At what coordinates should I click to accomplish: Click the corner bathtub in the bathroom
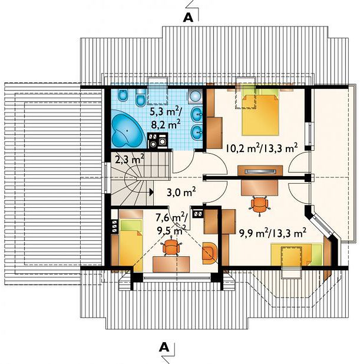pyautogui.click(x=128, y=131)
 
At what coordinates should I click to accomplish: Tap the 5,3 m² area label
pyautogui.click(x=166, y=112)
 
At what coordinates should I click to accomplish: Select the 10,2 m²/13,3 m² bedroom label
pyautogui.click(x=262, y=148)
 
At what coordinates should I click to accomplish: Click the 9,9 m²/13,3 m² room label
pyautogui.click(x=272, y=233)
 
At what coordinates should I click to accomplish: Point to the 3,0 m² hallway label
pyautogui.click(x=181, y=192)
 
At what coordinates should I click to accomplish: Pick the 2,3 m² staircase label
pyautogui.click(x=130, y=160)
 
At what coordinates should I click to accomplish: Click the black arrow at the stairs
pyautogui.click(x=151, y=192)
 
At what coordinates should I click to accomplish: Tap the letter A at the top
pyautogui.click(x=188, y=18)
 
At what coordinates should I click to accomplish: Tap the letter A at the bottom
pyautogui.click(x=164, y=348)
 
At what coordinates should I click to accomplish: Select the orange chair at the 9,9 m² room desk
pyautogui.click(x=259, y=204)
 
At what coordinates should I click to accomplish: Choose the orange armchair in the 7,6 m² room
pyautogui.click(x=210, y=253)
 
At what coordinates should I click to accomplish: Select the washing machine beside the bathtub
pyautogui.click(x=163, y=141)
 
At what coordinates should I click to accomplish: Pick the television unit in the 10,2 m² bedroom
pyautogui.click(x=260, y=171)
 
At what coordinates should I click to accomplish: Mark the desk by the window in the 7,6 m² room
pyautogui.click(x=171, y=264)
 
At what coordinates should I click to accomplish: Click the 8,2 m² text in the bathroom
pyautogui.click(x=166, y=125)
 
